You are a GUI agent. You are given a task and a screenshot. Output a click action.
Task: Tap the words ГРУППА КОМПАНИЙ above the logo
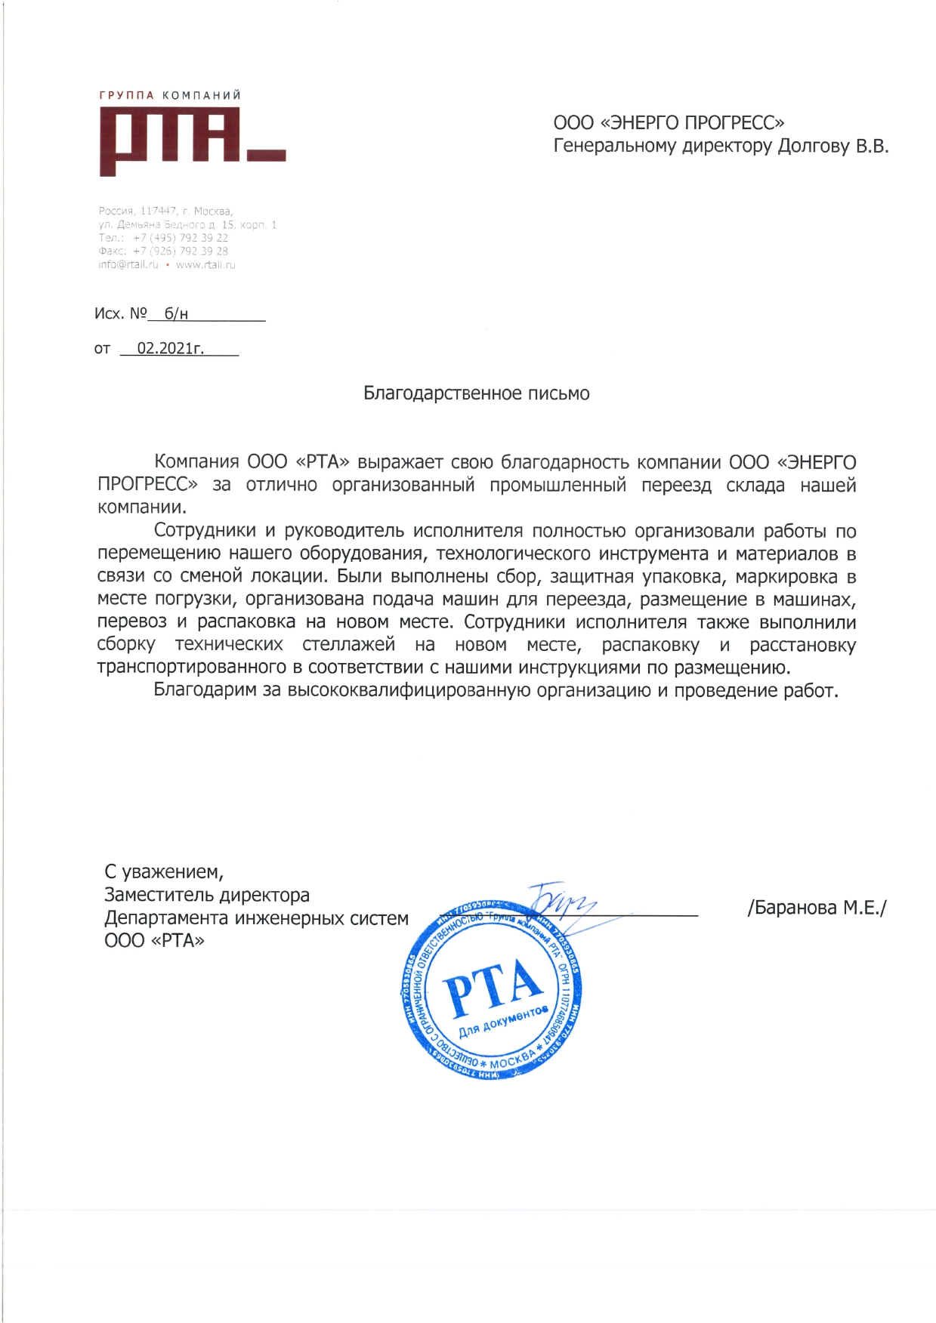170,95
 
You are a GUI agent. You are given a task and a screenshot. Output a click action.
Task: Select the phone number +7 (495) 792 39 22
181,238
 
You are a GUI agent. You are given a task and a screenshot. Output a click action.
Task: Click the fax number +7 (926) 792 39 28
181,251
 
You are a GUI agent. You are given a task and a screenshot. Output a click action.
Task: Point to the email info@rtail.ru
128,265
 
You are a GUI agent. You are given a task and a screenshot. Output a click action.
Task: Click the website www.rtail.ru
205,265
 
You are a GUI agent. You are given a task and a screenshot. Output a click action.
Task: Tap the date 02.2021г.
171,349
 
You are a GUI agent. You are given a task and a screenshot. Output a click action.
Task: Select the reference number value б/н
176,314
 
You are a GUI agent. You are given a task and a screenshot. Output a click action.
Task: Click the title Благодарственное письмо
477,393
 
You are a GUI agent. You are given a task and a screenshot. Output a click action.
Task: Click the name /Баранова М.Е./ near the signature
817,908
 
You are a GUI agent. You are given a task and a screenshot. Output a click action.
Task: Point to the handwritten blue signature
561,900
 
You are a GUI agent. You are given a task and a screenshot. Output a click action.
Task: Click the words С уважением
164,872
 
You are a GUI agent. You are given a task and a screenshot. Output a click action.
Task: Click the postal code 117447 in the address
158,211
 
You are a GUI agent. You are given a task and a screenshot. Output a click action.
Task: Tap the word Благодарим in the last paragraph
205,690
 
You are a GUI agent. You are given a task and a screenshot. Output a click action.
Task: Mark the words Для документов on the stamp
502,1021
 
